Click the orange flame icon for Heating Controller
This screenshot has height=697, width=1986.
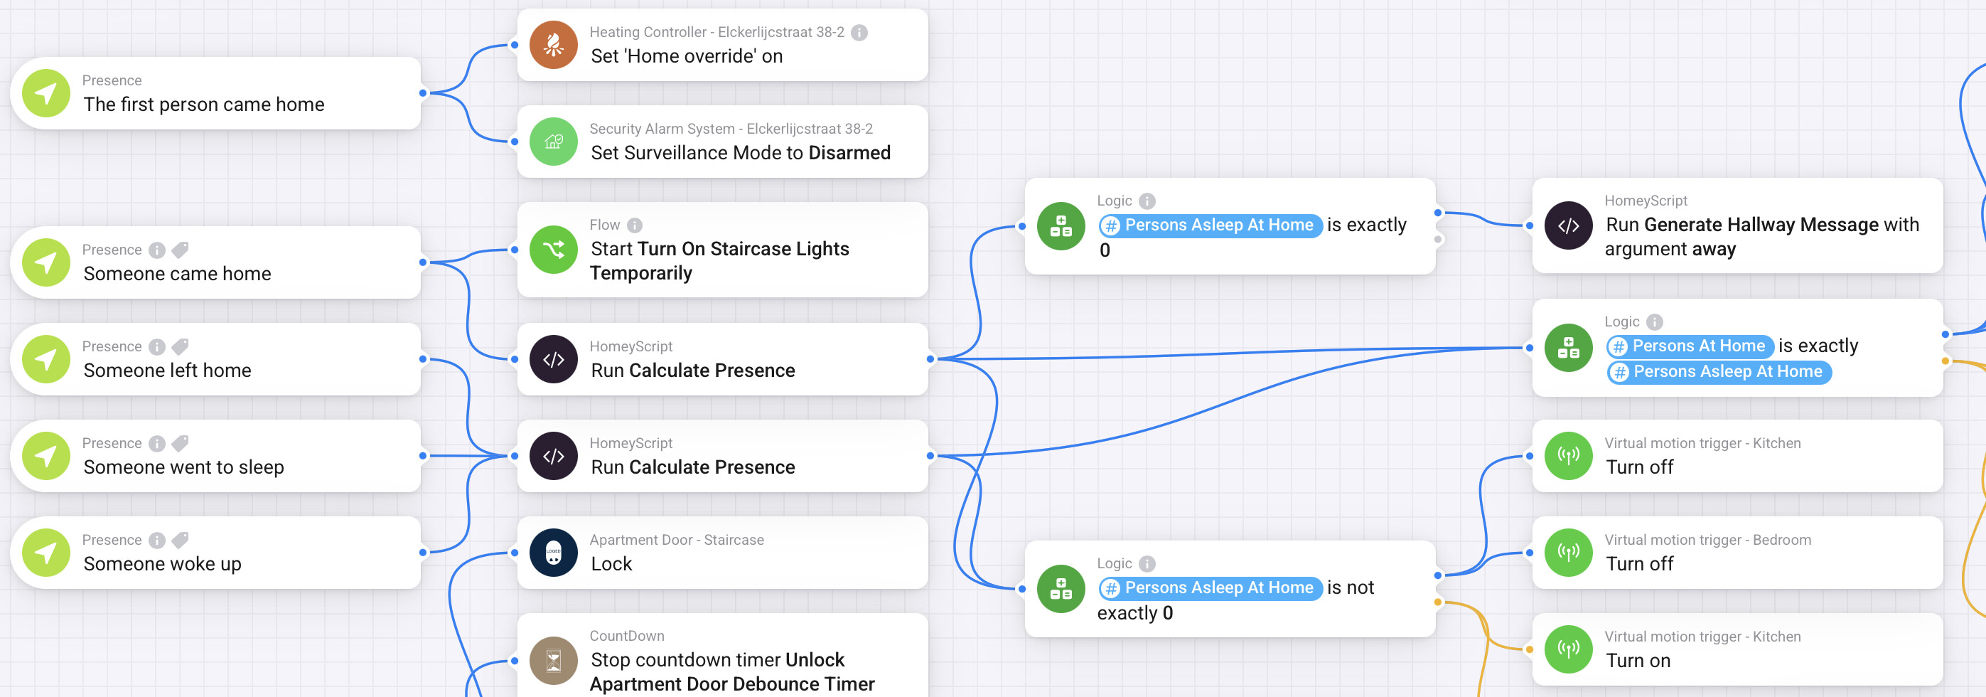(554, 45)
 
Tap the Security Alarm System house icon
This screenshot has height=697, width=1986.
(554, 142)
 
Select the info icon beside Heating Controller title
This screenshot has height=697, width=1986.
(859, 33)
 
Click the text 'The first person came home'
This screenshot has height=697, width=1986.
(203, 104)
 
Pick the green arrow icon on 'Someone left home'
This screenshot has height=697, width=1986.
(46, 359)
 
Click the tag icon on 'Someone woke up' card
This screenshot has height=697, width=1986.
(180, 540)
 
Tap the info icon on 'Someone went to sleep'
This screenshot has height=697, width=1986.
(156, 443)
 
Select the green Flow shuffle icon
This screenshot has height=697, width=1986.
(554, 250)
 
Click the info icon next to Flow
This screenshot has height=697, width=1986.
(635, 225)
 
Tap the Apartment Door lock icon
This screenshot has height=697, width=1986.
(554, 553)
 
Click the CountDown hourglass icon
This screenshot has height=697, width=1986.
(554, 661)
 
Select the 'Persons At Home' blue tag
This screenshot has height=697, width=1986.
(1691, 346)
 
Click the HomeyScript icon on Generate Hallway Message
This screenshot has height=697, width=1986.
(1568, 226)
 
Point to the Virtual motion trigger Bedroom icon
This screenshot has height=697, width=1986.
(1568, 553)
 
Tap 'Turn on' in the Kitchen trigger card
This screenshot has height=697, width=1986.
(1638, 661)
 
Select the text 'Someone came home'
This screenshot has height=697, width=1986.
(177, 274)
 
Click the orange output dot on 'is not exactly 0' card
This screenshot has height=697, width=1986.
(1438, 602)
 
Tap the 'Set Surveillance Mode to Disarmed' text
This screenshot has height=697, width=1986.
(740, 153)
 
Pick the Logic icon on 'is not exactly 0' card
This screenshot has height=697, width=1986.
(1061, 589)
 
